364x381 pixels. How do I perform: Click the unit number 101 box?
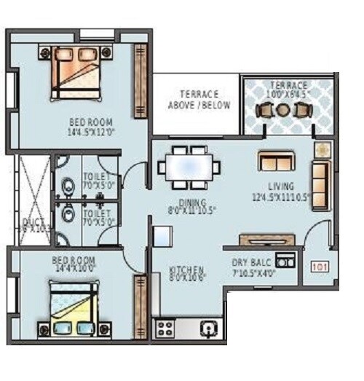tap(319, 267)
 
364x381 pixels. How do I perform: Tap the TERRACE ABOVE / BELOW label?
tap(199, 100)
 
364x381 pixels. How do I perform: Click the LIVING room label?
tap(280, 186)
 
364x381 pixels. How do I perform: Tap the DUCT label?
tap(33, 221)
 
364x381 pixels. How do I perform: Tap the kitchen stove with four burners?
tap(165, 328)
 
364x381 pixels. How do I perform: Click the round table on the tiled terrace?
tap(283, 110)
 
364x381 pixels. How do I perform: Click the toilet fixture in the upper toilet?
tap(68, 186)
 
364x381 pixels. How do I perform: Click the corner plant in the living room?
tap(321, 149)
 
